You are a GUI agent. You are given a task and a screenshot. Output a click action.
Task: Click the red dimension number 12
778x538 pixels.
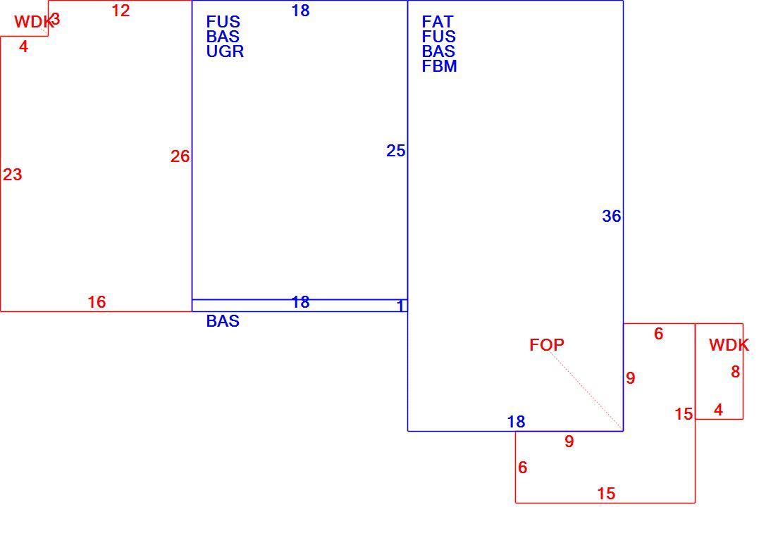121,11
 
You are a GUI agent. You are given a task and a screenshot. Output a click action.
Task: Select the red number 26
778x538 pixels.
180,156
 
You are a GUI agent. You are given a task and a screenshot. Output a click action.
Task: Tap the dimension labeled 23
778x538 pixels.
13,175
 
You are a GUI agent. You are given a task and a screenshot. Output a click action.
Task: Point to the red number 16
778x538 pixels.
97,301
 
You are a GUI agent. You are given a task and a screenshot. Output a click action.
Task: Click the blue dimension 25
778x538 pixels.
395,151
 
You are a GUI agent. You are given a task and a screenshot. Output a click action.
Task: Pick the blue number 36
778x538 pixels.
611,216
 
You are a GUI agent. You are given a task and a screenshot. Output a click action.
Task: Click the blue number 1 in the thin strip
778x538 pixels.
400,306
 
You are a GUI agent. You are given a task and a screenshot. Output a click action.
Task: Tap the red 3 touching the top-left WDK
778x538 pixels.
56,19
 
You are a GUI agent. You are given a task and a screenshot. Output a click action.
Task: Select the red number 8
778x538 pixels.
735,371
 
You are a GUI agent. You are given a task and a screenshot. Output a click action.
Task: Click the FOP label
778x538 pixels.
547,344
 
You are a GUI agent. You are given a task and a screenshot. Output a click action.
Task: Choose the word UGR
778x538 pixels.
226,51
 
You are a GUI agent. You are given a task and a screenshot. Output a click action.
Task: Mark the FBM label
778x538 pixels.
440,66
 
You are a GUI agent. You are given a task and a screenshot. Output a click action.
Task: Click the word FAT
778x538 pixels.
438,22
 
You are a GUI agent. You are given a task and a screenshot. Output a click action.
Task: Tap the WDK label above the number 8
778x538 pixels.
729,344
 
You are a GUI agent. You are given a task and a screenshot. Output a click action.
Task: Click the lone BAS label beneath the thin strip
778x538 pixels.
223,321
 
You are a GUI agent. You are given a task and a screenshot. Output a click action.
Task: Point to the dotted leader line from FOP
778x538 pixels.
586,390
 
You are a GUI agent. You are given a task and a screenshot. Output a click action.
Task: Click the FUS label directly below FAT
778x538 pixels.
438,37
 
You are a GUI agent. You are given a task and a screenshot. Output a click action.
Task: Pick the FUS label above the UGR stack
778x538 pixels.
223,22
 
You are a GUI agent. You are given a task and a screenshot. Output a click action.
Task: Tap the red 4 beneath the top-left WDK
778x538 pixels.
23,46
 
